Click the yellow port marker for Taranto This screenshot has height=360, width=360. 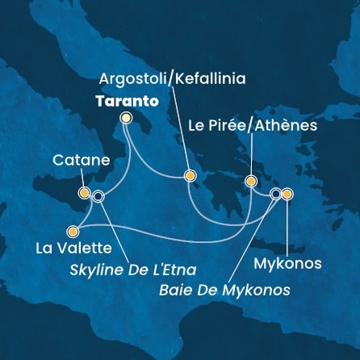click(125, 118)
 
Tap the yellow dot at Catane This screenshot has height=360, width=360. click(84, 193)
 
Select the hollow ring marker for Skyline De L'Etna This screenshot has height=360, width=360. click(98, 195)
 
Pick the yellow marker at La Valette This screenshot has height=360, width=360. click(74, 228)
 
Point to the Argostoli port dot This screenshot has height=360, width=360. click(190, 175)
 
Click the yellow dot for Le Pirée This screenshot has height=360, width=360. click(251, 181)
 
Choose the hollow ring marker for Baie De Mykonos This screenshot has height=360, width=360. click(276, 194)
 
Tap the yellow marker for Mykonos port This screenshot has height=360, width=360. click(287, 194)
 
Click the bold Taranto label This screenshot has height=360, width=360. click(123, 101)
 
